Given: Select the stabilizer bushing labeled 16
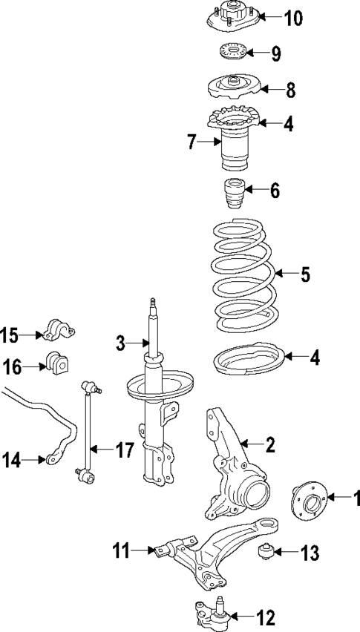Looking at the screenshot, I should pyautogui.click(x=57, y=363).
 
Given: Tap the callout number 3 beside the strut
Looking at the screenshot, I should pyautogui.click(x=122, y=342).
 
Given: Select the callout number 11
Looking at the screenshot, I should pyautogui.click(x=122, y=550).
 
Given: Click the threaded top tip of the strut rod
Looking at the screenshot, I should pyautogui.click(x=154, y=303).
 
